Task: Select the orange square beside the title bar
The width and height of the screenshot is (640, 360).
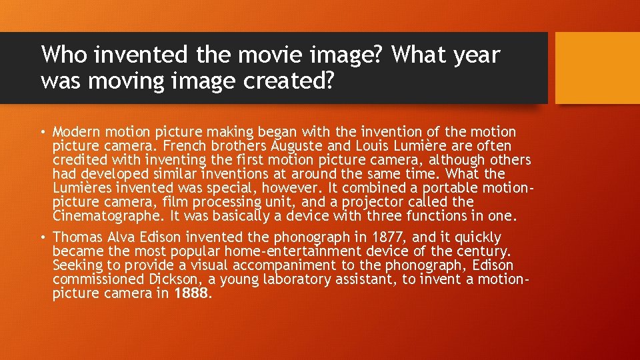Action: pos(597,68)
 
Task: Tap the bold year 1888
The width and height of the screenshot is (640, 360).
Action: pos(191,293)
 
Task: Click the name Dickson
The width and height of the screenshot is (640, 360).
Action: pos(171,279)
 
